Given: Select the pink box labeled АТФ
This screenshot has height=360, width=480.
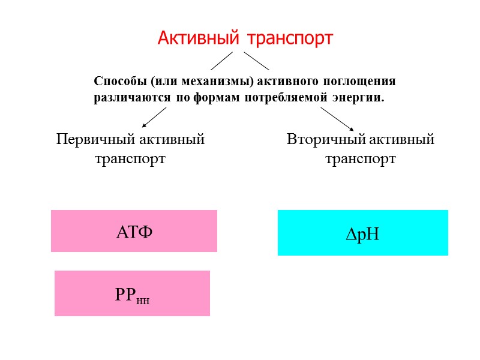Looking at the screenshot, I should (x=134, y=231).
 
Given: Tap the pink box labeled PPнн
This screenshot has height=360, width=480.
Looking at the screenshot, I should (x=132, y=293).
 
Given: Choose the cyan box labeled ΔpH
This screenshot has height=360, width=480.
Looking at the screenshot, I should (x=362, y=233).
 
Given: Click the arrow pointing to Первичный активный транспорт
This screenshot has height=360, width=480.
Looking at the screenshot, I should (x=154, y=117).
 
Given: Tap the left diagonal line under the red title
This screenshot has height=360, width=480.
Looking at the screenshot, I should (x=221, y=61).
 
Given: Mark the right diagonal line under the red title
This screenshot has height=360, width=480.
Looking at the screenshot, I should (x=256, y=61).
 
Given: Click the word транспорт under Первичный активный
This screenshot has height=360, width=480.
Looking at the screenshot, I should (x=130, y=160).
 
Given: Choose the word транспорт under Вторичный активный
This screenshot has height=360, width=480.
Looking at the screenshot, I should (x=360, y=160).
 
